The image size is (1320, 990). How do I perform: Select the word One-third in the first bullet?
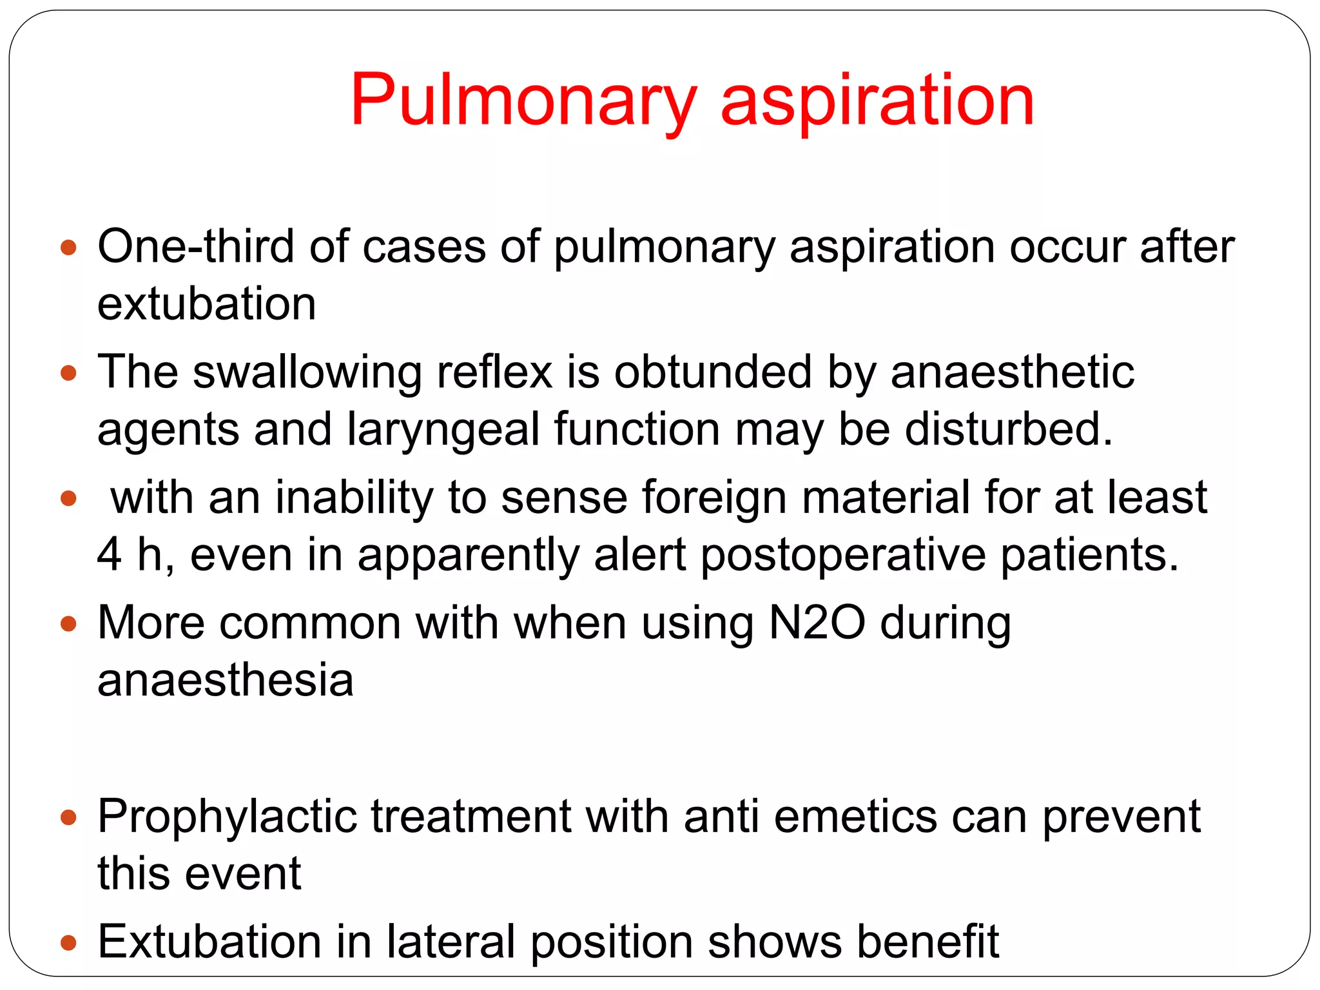pyautogui.click(x=195, y=246)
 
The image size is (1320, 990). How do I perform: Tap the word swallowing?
pyautogui.click(x=307, y=372)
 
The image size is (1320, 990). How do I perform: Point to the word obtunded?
pyautogui.click(x=712, y=372)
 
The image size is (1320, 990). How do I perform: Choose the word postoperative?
pyautogui.click(x=843, y=556)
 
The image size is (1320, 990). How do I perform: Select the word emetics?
pyautogui.click(x=855, y=817)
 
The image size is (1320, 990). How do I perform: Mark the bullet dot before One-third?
pyautogui.click(x=68, y=247)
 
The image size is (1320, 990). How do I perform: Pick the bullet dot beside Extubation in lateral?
pyautogui.click(x=68, y=944)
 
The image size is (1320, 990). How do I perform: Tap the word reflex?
pyautogui.click(x=494, y=372)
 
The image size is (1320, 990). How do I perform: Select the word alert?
pyautogui.click(x=640, y=554)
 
